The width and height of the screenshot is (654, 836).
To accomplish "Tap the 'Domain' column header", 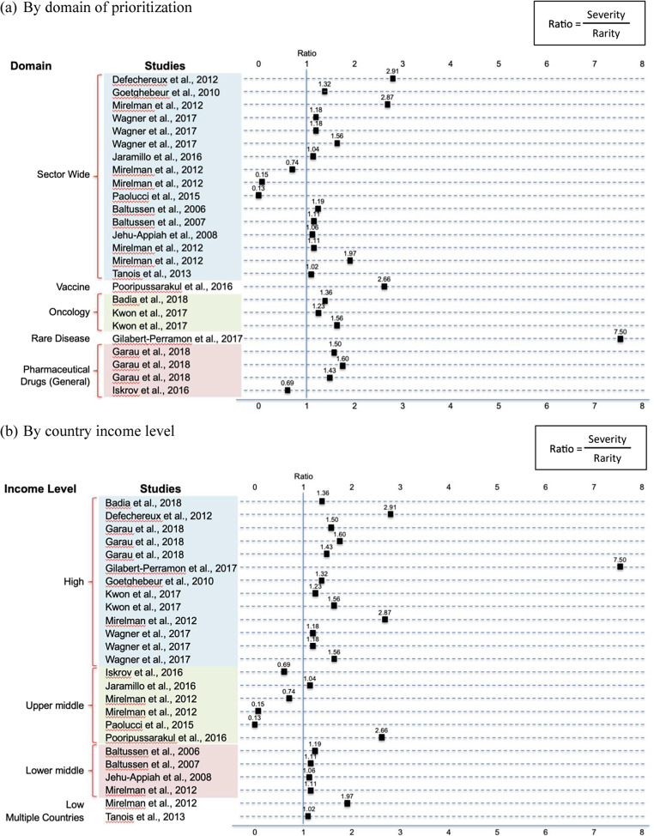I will pyautogui.click(x=32, y=64).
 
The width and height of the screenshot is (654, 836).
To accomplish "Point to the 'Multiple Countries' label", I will pyautogui.click(x=44, y=818).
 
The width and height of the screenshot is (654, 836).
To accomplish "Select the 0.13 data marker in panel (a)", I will pyautogui.click(x=258, y=196).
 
